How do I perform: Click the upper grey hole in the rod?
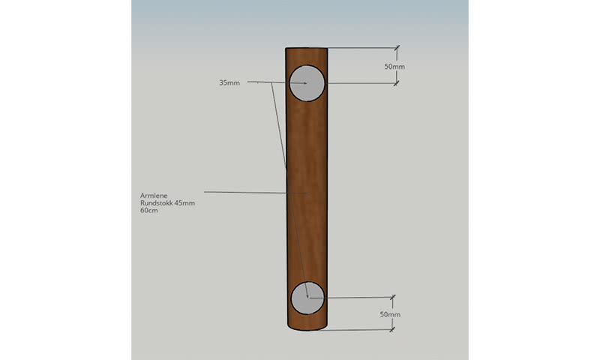[307, 83]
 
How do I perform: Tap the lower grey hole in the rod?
[307, 298]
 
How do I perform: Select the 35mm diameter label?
[229, 82]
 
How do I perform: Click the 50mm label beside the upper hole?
[394, 67]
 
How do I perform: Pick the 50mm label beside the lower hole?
[390, 314]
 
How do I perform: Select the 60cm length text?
[149, 211]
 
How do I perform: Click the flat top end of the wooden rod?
[307, 49]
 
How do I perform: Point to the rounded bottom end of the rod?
[307, 328]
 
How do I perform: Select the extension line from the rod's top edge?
[360, 48]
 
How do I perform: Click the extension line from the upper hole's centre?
[360, 83]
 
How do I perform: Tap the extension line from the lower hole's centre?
[352, 298]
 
